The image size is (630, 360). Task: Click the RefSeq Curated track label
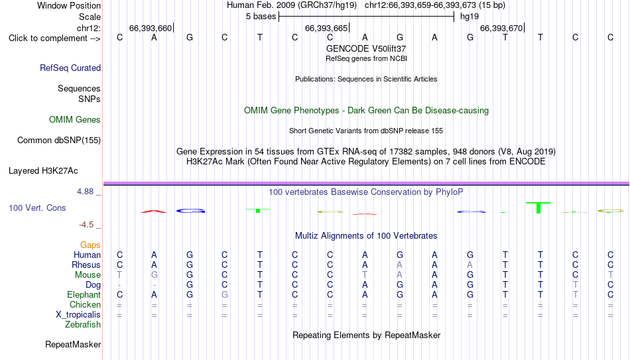70,68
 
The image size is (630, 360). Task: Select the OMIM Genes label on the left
75,120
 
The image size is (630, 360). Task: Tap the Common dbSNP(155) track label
59,141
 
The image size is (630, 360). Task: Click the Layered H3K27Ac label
43,171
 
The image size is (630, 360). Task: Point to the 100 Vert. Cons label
37,208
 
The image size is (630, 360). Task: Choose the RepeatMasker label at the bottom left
73,344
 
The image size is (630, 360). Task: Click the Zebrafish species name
83,324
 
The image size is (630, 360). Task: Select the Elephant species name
84,294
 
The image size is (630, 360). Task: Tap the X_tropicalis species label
78,315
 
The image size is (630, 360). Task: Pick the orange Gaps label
90,245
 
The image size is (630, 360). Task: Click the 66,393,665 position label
326,28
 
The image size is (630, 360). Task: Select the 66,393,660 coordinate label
151,28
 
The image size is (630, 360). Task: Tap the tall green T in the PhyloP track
538,208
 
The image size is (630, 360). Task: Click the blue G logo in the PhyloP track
191,211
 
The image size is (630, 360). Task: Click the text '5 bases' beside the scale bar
261,17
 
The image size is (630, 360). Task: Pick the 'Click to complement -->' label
54,38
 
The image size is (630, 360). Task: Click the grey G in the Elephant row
225,294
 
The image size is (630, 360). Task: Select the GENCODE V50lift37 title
366,48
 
